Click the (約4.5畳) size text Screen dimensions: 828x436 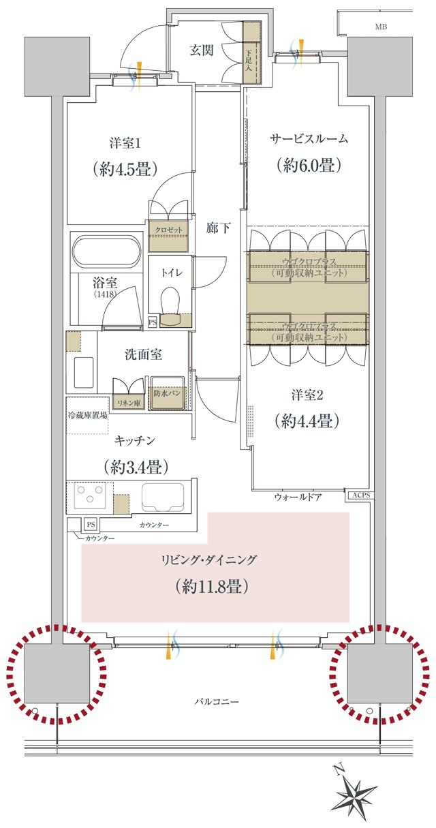click(125, 168)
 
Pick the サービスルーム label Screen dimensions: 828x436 click(309, 139)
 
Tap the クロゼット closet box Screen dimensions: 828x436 click(168, 230)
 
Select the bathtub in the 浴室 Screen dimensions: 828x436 click(106, 251)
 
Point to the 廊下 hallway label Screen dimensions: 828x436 click(217, 229)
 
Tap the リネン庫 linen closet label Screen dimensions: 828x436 click(129, 403)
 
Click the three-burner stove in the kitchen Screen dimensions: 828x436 click(89, 497)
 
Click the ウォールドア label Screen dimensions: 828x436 click(297, 499)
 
